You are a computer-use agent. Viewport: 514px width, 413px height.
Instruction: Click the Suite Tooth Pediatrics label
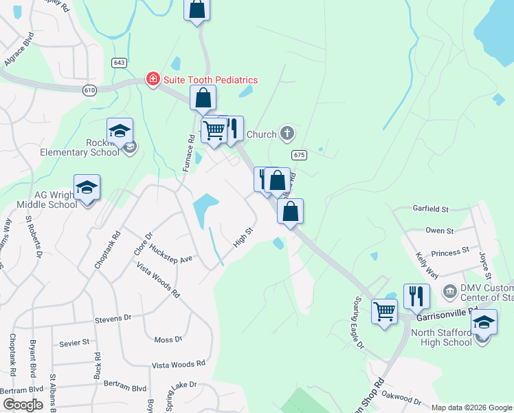point(210,81)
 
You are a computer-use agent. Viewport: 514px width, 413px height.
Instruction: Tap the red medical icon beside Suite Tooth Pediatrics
point(153,81)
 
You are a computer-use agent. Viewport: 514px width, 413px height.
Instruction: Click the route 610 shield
point(90,90)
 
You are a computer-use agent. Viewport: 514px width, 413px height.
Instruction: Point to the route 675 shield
point(298,155)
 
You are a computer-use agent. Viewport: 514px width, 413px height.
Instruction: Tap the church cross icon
point(287,134)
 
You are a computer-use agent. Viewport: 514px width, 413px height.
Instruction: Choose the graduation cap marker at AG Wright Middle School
point(87,188)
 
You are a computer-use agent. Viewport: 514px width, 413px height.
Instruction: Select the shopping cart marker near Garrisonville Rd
point(384,310)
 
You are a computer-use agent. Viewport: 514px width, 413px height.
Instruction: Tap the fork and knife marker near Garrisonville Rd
point(416,296)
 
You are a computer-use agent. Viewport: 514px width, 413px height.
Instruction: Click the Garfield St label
point(430,209)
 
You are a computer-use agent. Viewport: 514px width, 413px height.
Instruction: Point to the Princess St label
point(450,253)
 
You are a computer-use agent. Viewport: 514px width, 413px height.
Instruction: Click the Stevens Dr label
point(113,319)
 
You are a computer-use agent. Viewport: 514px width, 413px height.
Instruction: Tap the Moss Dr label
point(168,339)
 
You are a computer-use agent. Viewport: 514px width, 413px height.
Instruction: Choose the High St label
point(243,240)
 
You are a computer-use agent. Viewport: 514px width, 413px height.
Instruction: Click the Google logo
point(22,405)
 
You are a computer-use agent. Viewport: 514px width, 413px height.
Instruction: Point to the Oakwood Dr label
point(402,399)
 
